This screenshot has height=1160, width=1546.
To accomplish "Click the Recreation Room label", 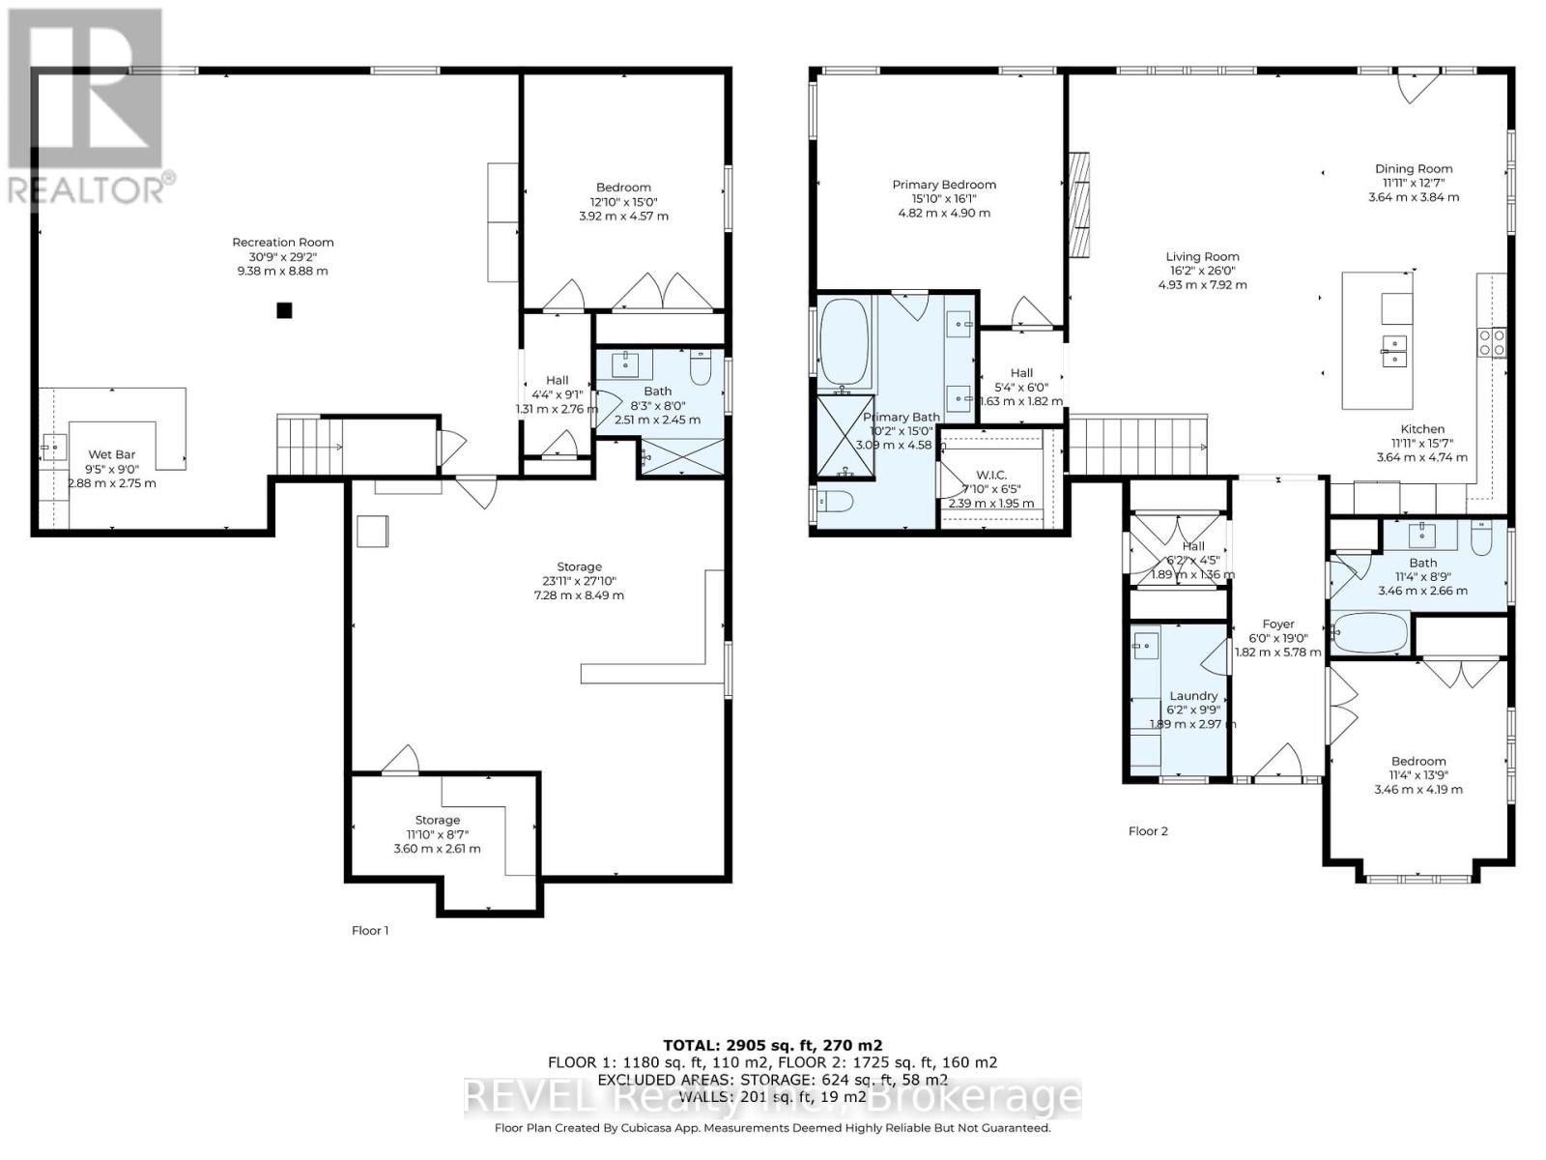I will point(282,243).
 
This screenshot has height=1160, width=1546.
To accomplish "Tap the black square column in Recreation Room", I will point(284,310).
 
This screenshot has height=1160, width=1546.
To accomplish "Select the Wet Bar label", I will point(112,454).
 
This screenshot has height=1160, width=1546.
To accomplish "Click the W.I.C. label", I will point(991,475).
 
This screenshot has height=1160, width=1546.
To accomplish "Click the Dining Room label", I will point(1414,169).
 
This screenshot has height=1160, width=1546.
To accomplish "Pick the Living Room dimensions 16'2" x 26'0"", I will point(1202,272).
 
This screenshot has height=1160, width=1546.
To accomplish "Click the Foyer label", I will point(1278,624).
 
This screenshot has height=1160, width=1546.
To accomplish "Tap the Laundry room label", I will point(1193,696).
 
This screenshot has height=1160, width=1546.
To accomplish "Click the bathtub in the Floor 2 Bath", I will point(1370,634).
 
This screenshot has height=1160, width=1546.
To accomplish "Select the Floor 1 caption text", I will point(370,931).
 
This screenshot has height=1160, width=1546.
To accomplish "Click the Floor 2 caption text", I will point(1148,831).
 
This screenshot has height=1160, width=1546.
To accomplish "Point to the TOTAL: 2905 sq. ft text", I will point(772,1045).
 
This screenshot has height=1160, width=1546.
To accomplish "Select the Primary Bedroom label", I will point(943,185).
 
